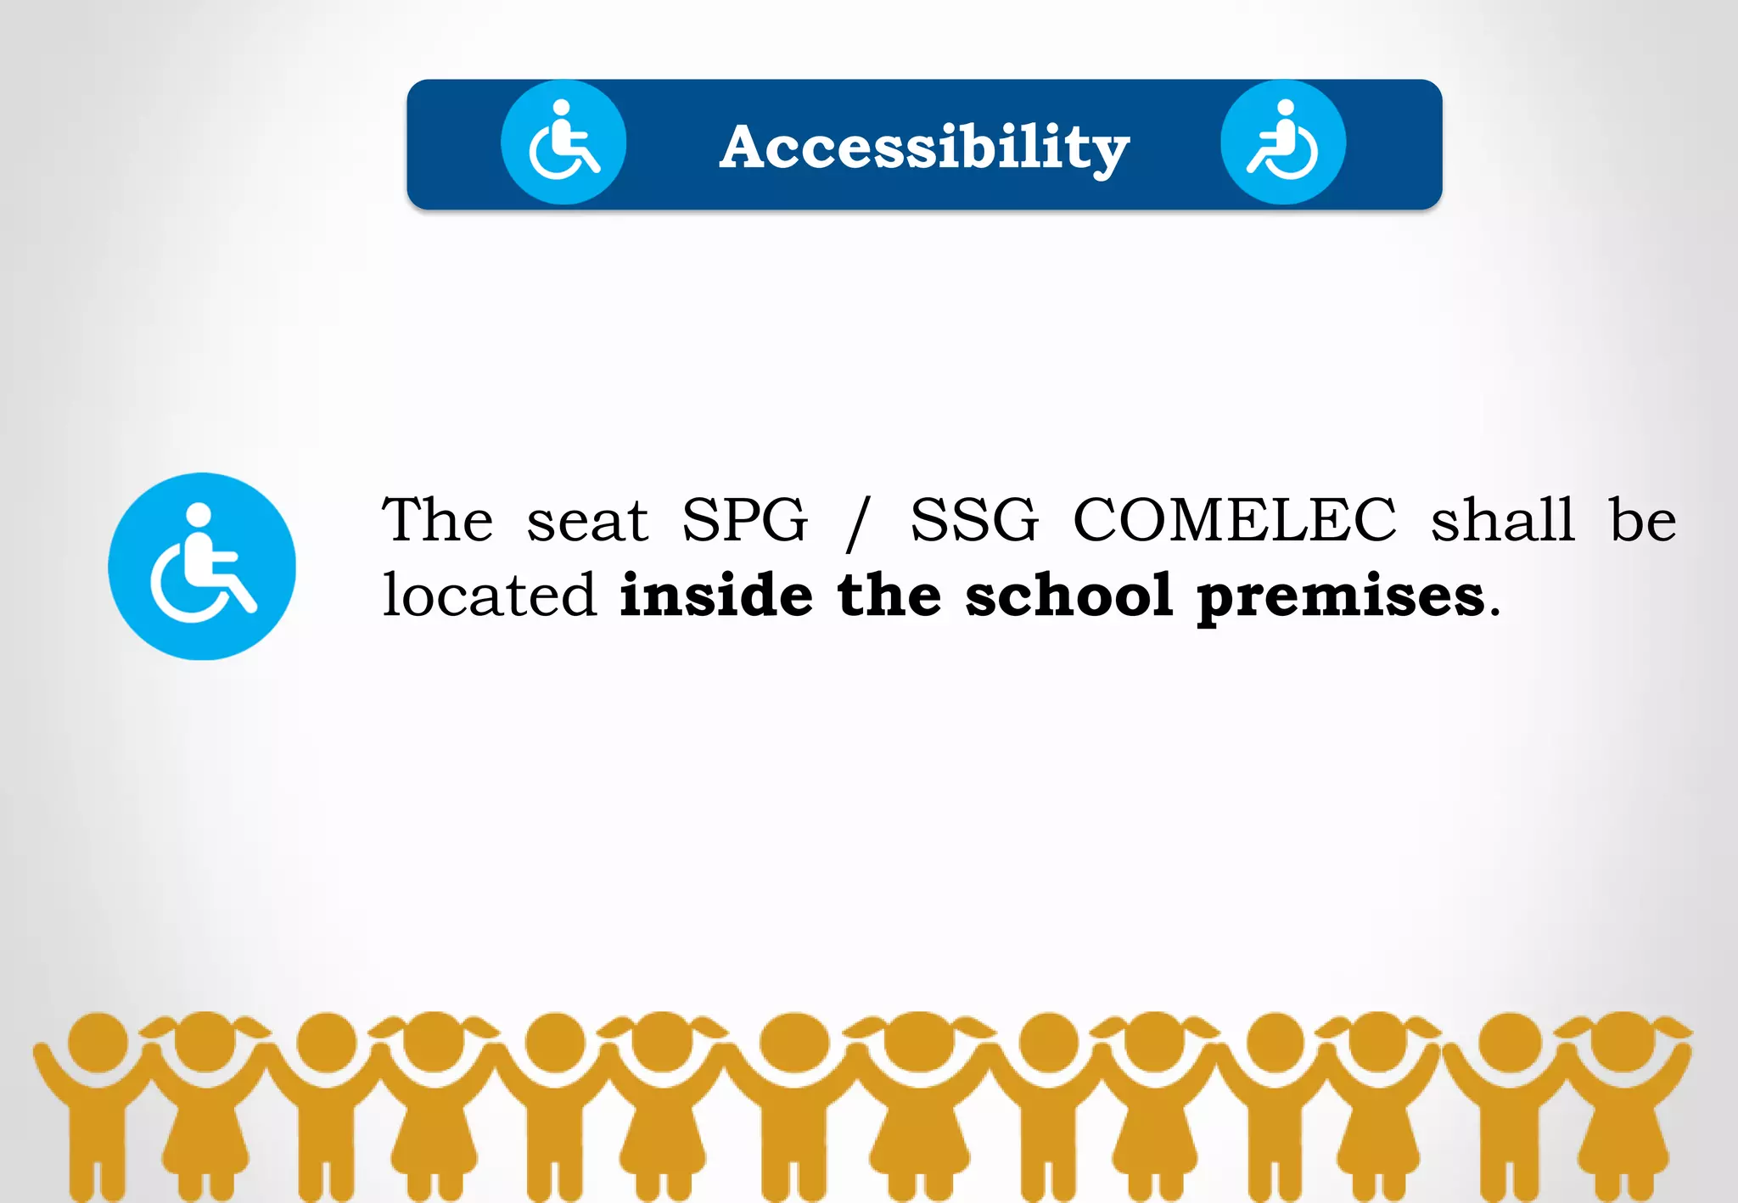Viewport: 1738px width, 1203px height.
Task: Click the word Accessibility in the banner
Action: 924,148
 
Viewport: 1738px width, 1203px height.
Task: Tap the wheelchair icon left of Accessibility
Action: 563,143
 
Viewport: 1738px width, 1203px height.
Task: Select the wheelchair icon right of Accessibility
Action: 1283,143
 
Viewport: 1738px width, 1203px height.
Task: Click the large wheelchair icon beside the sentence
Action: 202,566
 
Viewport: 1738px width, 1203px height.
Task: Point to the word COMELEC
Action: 1235,519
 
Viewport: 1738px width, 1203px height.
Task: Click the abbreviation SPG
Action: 745,519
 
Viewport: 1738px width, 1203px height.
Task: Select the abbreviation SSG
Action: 974,519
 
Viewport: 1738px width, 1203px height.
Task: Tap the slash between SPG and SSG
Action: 859,523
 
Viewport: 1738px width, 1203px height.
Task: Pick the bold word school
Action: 1069,595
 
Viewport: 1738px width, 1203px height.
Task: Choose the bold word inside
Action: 716,595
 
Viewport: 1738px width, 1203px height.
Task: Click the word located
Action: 490,595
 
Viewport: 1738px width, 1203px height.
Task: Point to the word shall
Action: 1503,519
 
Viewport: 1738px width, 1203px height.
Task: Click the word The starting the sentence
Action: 437,519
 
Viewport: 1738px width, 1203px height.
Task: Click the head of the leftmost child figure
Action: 98,1041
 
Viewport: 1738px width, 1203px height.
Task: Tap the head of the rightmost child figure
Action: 1623,1041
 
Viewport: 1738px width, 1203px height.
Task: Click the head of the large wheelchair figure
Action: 199,514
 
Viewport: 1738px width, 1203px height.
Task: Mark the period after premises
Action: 1494,613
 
